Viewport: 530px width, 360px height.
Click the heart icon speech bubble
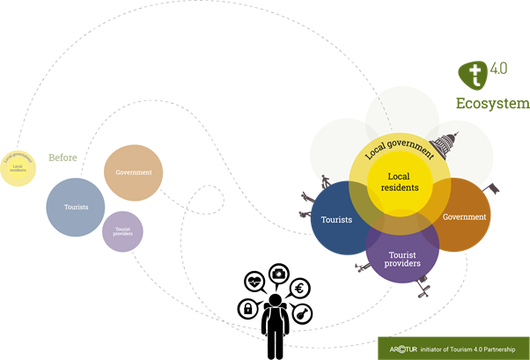pyautogui.click(x=255, y=283)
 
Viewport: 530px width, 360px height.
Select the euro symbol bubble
pyautogui.click(x=300, y=288)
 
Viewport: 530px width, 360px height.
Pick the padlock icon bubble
pyautogui.click(x=249, y=310)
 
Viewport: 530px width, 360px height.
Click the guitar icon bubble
pyautogui.click(x=302, y=313)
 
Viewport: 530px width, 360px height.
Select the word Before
pyautogui.click(x=63, y=158)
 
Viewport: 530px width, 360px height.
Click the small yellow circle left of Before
pyautogui.click(x=18, y=164)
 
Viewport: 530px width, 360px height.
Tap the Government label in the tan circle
pyautogui.click(x=134, y=173)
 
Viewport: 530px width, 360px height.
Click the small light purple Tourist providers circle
pyautogui.click(x=122, y=231)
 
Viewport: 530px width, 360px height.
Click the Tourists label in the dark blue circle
pyautogui.click(x=337, y=219)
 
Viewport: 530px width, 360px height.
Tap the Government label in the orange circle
pyautogui.click(x=465, y=217)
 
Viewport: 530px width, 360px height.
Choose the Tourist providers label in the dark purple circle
pyautogui.click(x=402, y=259)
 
